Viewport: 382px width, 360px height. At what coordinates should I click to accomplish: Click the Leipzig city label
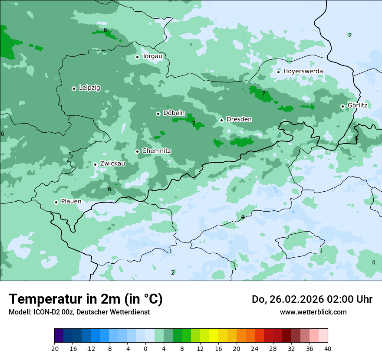pos(89,88)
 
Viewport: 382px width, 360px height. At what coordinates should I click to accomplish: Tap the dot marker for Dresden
pos(221,120)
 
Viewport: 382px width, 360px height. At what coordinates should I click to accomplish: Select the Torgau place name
pos(152,56)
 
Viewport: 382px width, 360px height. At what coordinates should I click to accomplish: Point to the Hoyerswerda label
pos(303,71)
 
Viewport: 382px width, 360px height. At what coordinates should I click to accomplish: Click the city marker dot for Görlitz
pos(342,106)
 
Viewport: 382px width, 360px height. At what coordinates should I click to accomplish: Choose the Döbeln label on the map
pos(174,113)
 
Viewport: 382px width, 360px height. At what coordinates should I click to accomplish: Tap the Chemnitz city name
pos(156,151)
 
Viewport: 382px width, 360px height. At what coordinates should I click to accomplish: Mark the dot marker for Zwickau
pos(95,164)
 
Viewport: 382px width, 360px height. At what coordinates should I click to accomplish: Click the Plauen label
pos(71,201)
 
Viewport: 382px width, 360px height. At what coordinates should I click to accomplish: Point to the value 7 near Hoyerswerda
pos(263,93)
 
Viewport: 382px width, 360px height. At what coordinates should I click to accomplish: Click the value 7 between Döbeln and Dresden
pos(194,123)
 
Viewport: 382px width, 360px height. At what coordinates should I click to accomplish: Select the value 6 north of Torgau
pos(105,30)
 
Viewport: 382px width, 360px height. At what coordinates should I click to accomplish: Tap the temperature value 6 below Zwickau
pos(109,189)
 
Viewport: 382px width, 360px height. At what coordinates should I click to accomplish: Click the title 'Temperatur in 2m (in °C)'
pos(86,299)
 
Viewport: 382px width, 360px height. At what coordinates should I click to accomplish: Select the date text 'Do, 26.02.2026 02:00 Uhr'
pos(312,299)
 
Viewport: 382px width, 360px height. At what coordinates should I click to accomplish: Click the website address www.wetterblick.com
pos(313,312)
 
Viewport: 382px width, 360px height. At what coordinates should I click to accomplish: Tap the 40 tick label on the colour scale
pos(327,349)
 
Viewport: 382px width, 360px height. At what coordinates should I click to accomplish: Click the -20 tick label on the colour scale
pos(54,349)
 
